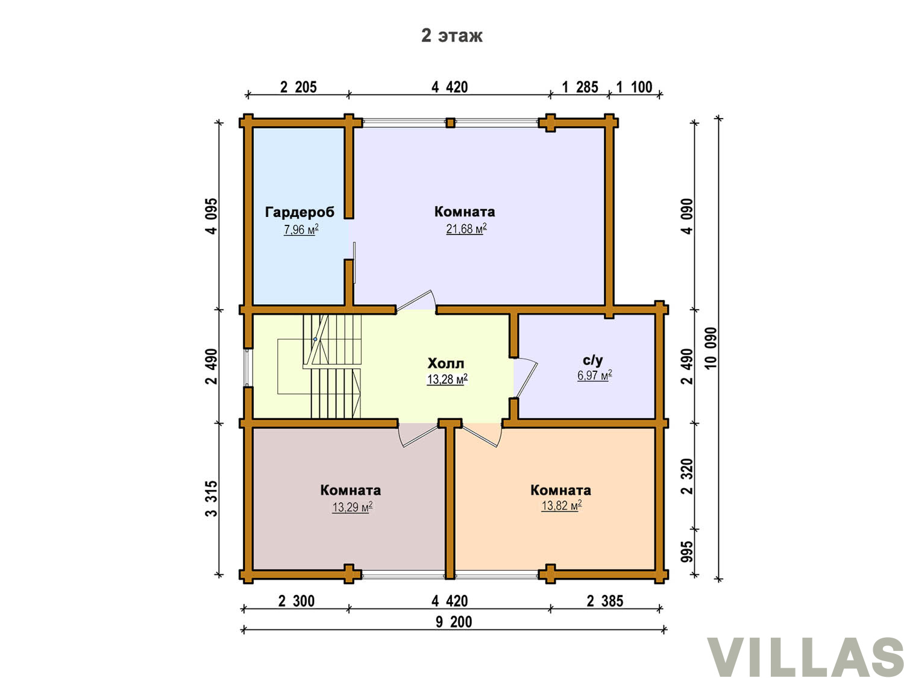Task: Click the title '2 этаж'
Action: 451,36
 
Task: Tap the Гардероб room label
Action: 300,212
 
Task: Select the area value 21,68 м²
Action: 466,228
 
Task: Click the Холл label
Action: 445,363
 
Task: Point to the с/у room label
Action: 592,360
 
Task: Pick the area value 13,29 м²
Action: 352,507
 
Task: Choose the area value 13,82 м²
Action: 561,506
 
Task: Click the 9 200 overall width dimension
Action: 454,622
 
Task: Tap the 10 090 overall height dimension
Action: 711,348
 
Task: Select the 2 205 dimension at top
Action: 298,87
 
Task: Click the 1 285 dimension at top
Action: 580,87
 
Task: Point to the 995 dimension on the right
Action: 687,552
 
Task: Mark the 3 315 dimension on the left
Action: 212,498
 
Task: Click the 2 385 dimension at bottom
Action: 605,601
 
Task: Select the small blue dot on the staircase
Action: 315,339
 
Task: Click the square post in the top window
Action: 451,123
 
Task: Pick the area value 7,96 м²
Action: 301,229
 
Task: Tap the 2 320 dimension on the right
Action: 687,476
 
